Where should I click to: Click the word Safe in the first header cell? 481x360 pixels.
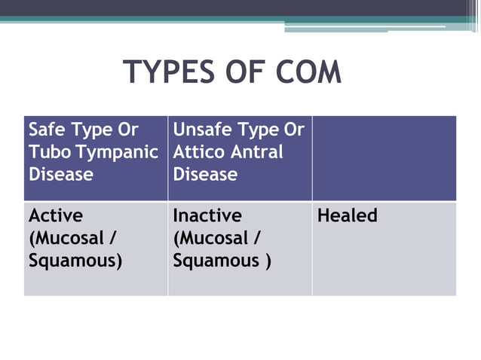[x=47, y=130]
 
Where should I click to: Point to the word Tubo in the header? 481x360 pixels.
[x=49, y=152]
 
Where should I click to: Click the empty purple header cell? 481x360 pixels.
[x=384, y=157]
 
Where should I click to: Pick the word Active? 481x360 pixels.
[x=56, y=216]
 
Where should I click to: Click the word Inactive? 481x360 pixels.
[x=207, y=216]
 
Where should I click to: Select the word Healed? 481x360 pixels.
[x=348, y=216]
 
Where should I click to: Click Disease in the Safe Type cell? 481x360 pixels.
[x=61, y=175]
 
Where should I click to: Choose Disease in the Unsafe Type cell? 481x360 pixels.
[x=205, y=175]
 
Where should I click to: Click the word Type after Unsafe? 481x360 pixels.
[x=262, y=130]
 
